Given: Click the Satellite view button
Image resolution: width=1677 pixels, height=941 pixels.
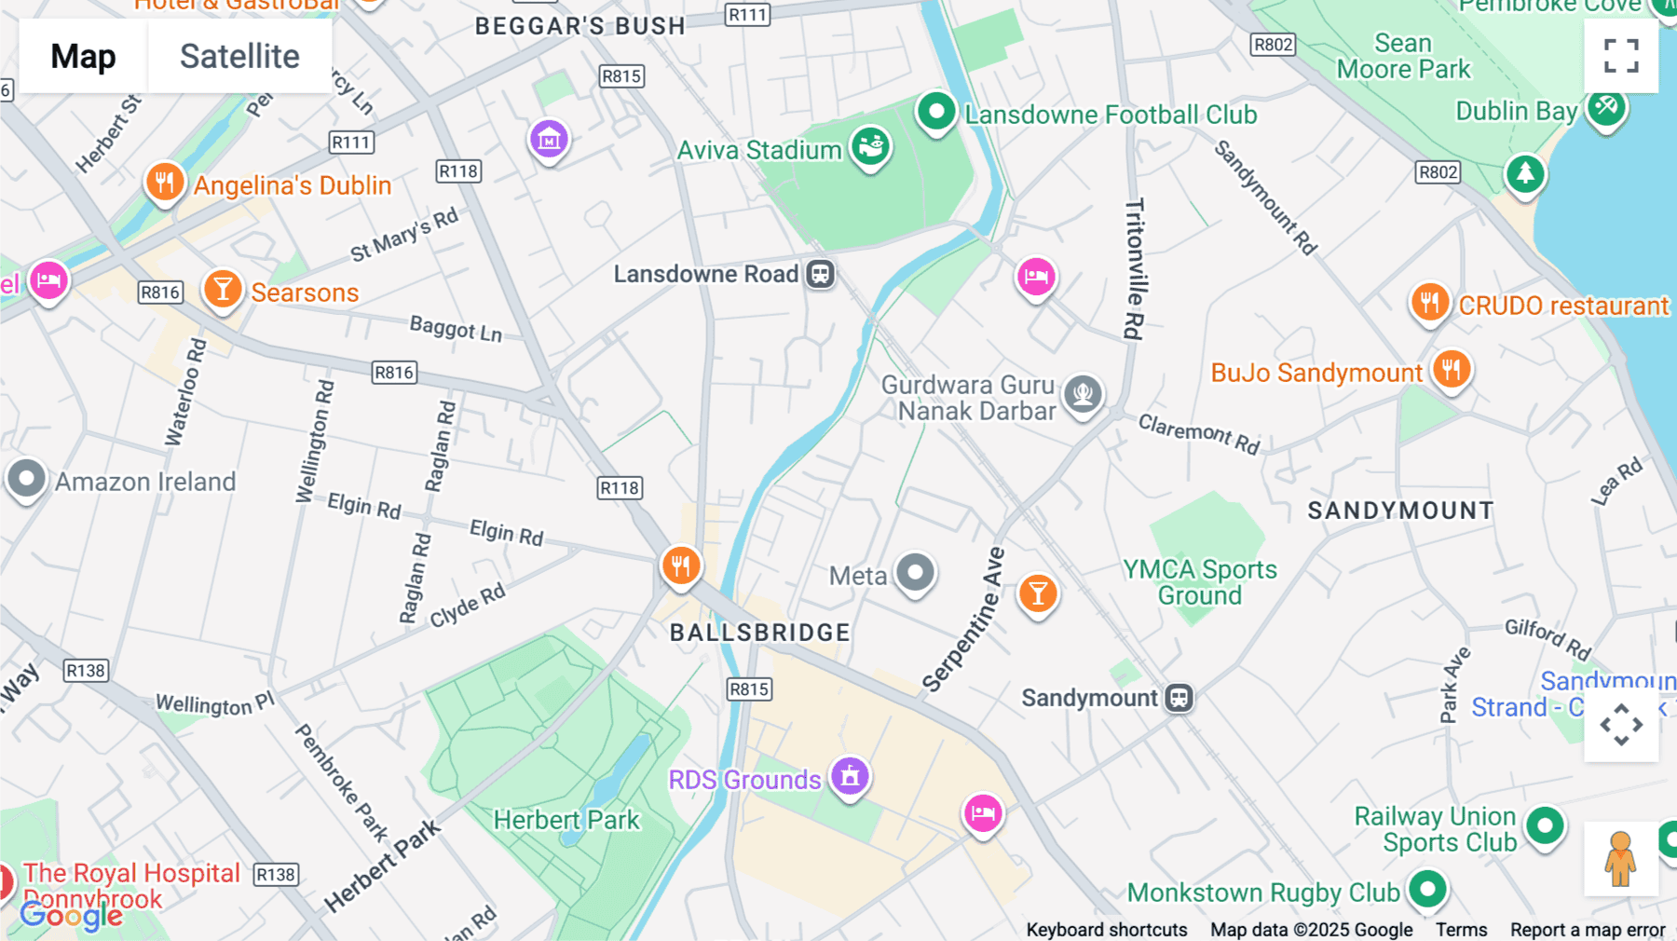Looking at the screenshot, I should point(239,56).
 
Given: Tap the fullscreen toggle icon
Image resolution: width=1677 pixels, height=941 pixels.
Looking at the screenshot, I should point(1621,56).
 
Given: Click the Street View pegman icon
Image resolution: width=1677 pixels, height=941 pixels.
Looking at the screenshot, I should point(1620,858).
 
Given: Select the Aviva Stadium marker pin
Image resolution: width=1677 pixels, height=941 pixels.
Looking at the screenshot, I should point(871,147).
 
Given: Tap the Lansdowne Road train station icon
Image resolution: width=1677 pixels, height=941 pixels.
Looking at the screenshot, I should point(820,274).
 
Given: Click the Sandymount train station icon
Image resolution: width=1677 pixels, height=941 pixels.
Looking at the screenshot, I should point(1179,698).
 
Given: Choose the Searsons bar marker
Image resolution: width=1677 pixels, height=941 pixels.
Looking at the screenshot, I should point(223,290).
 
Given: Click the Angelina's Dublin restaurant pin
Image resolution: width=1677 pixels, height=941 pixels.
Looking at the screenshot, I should point(164,182).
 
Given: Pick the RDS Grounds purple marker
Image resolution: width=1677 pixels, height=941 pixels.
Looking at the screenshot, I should point(850,776).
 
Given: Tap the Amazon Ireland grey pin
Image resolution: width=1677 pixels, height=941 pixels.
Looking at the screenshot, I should point(26,480).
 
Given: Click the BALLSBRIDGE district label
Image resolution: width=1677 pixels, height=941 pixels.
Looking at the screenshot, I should point(759,633).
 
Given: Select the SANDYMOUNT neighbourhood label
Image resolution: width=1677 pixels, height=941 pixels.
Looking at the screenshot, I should point(1399,511).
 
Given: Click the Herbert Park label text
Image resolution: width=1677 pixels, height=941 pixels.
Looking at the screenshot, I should point(566,820).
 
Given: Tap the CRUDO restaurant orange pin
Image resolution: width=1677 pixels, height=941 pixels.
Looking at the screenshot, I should point(1429,303).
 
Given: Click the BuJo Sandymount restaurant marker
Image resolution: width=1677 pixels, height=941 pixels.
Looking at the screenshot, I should point(1451,370).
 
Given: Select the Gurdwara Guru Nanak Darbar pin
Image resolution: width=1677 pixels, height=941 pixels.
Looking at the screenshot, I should point(1083,394).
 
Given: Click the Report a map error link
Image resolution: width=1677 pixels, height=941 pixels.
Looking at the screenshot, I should point(1587,930).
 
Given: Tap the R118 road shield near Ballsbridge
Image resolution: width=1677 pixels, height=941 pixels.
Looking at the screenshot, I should point(620,487).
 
